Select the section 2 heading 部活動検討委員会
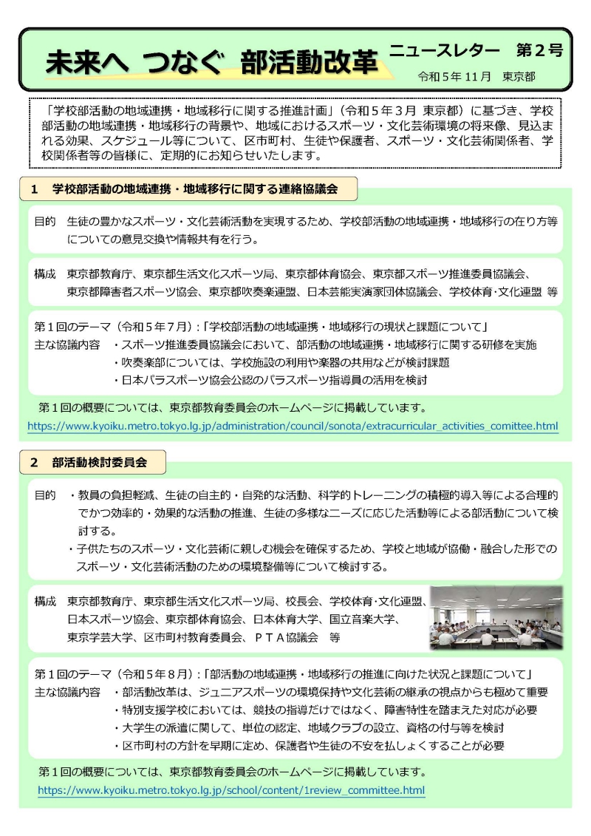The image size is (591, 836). (x=99, y=463)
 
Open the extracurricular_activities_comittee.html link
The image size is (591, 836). (x=293, y=426)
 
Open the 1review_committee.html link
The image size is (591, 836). (x=231, y=790)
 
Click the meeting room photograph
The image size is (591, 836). (x=496, y=618)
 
